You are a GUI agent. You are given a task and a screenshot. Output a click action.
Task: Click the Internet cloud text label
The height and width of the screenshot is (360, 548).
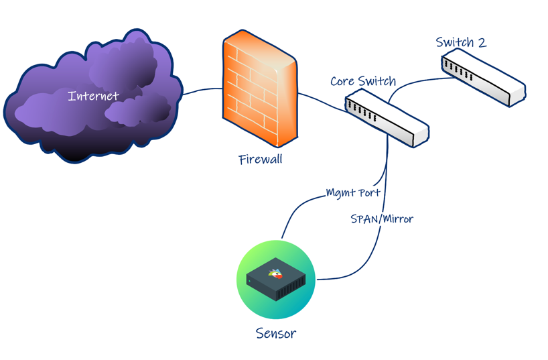(93, 97)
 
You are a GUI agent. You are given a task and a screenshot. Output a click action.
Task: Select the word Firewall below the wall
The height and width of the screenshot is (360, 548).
(260, 160)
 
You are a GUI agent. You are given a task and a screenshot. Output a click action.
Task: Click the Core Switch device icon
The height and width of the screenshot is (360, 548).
(387, 120)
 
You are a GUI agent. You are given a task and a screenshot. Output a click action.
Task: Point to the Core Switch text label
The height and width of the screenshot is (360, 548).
(363, 82)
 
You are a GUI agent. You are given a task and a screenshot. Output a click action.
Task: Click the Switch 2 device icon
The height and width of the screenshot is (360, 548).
(483, 80)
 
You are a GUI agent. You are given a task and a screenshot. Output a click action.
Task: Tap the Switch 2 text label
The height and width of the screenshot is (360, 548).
(461, 43)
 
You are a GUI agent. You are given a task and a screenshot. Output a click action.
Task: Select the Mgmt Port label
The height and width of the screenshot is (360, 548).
(353, 193)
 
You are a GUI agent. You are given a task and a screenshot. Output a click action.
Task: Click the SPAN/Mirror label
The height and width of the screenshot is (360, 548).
(382, 219)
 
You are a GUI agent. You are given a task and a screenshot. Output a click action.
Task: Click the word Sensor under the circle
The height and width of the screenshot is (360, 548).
(276, 333)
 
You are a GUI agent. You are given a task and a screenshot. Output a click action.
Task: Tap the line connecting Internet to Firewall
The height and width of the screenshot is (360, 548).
(202, 90)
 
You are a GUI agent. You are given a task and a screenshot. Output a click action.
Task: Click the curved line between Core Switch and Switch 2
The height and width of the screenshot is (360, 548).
(415, 82)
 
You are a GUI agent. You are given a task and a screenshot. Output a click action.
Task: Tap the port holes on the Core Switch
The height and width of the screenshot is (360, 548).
(362, 111)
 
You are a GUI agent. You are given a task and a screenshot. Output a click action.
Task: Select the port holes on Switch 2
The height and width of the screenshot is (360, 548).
(459, 70)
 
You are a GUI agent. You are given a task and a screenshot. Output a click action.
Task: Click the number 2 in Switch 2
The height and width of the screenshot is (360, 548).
(480, 43)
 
